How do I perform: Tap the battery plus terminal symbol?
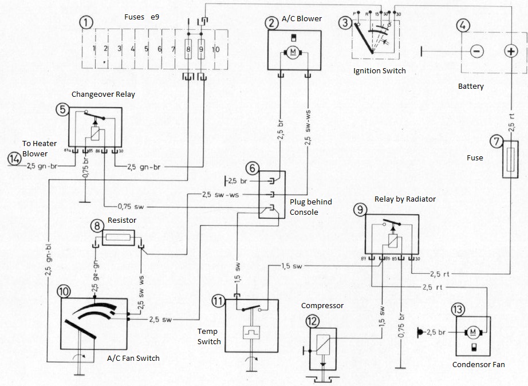click(510, 52)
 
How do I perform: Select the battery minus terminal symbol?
click(475, 52)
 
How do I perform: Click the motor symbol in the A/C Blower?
click(294, 53)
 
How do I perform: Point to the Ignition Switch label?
click(380, 71)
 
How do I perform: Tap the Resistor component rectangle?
click(118, 238)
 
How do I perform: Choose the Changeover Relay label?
click(103, 94)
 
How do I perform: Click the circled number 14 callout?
click(16, 159)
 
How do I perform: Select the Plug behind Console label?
click(312, 207)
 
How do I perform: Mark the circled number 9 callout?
click(360, 210)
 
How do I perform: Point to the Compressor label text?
click(322, 305)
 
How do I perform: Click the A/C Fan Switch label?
click(133, 359)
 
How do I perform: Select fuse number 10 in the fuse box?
click(215, 50)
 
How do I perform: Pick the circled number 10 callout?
click(65, 292)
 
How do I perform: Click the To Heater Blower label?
click(35, 149)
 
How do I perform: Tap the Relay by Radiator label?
click(405, 199)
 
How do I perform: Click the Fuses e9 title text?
click(141, 18)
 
